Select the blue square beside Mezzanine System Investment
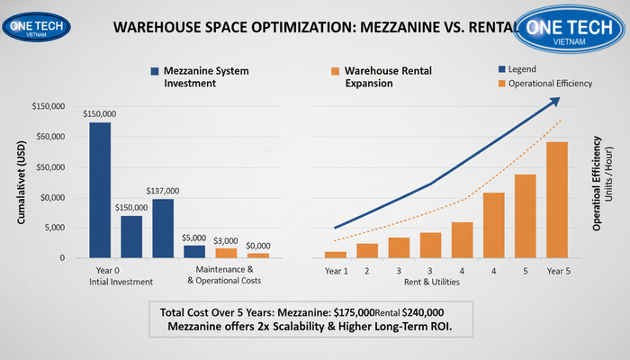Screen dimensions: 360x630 coord(156,71)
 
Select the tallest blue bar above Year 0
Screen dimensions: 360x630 coord(100,189)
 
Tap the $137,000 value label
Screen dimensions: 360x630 coord(163,191)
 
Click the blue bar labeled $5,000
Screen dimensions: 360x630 coord(194,251)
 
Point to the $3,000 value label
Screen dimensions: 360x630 coord(226,240)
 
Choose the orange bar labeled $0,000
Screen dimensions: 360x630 coord(257,256)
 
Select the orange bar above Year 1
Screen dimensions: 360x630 coord(336,254)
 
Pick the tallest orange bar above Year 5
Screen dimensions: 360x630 coord(557,199)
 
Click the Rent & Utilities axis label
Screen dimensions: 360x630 coord(430,282)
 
